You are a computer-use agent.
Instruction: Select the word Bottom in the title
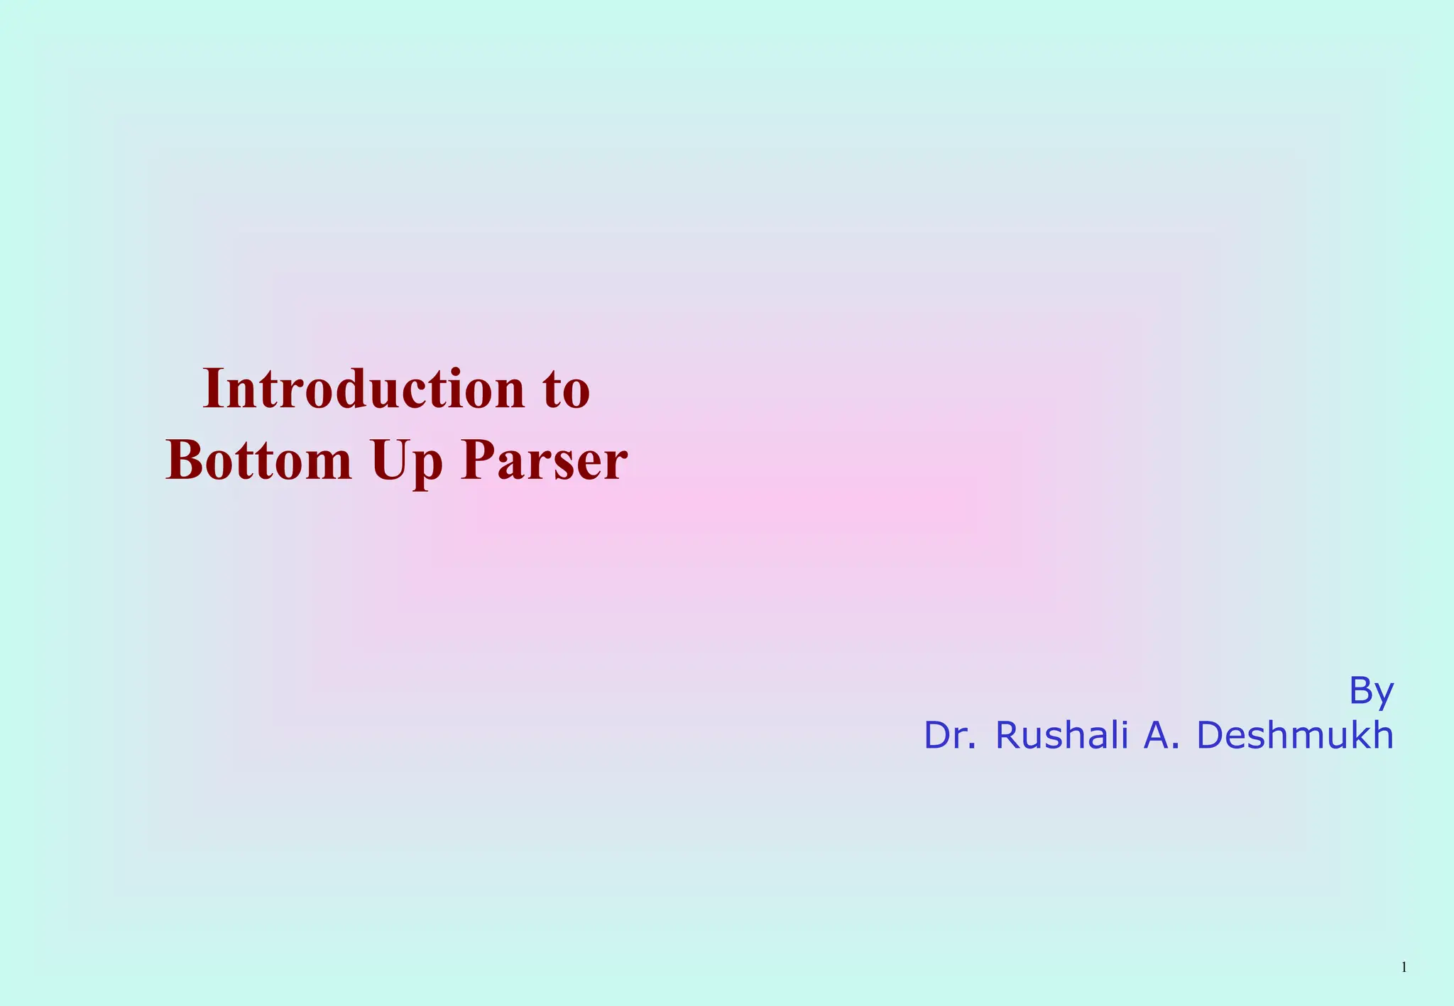pyautogui.click(x=258, y=461)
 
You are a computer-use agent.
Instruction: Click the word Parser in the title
pyautogui.click(x=544, y=461)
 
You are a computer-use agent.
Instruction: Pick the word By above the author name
pyautogui.click(x=1371, y=691)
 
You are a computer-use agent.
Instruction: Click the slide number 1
pyautogui.click(x=1404, y=968)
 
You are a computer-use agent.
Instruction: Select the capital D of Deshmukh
pyautogui.click(x=1210, y=736)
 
